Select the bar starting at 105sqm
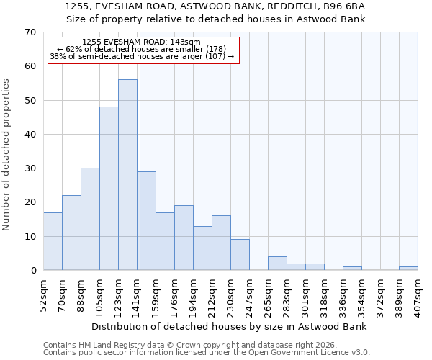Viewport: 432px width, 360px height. pyautogui.click(x=109, y=189)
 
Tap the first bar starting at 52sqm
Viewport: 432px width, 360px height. pyautogui.click(x=53, y=241)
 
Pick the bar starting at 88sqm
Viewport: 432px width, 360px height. pyautogui.click(x=90, y=219)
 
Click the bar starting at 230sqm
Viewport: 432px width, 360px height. pyautogui.click(x=240, y=255)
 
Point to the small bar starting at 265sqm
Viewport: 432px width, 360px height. pyautogui.click(x=277, y=264)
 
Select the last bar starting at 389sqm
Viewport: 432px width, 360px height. pyautogui.click(x=408, y=269)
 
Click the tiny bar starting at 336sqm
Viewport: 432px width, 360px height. pyautogui.click(x=352, y=269)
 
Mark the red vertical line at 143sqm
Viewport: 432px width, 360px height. pyautogui.click(x=140, y=166)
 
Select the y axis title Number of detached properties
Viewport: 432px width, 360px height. pyautogui.click(x=7, y=155)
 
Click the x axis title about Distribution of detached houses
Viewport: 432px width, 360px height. pyautogui.click(x=230, y=326)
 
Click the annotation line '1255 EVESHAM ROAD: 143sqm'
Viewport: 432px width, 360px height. pyautogui.click(x=142, y=42)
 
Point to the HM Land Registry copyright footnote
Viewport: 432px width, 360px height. pyautogui.click(x=189, y=345)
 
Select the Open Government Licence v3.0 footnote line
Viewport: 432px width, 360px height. pyautogui.click(x=207, y=353)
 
